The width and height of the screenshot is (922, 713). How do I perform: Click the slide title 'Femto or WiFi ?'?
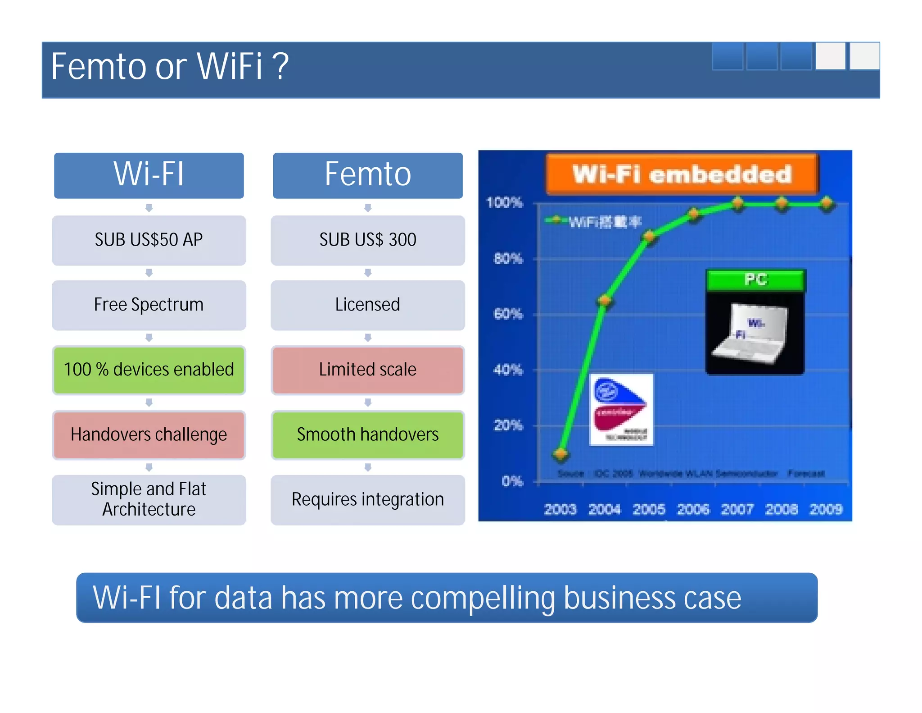point(169,67)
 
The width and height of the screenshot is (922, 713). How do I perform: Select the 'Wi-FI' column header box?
point(149,175)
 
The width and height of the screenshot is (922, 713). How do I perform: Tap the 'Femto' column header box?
point(367,175)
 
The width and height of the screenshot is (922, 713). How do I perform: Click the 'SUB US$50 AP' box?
point(149,240)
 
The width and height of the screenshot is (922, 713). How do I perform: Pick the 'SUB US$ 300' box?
point(367,240)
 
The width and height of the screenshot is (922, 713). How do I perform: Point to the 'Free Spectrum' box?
point(149,305)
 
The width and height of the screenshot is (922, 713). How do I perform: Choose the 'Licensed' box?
point(367,305)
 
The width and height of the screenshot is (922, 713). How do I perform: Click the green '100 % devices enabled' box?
point(149,370)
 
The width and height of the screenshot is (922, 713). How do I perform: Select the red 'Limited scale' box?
point(367,370)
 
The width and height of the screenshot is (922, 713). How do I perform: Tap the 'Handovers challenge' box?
point(149,435)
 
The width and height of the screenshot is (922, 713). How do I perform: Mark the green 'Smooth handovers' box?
point(367,435)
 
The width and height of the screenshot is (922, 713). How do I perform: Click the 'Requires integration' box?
point(367,500)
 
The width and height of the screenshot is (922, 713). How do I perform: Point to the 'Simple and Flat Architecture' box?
point(149,500)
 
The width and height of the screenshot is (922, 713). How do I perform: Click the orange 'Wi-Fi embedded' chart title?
point(682,174)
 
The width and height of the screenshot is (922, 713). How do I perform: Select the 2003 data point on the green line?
point(561,454)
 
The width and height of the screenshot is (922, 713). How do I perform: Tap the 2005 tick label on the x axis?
point(649,509)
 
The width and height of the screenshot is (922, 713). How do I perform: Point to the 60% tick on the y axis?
point(508,314)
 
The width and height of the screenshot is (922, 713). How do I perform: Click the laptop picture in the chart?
point(755,334)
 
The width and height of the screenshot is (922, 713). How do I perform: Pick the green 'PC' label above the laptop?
point(755,280)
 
